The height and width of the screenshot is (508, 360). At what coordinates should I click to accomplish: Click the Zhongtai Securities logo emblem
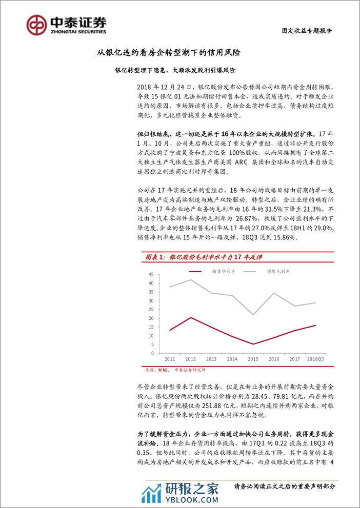tap(37, 24)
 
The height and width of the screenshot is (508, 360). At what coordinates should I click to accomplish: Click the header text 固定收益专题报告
tap(308, 31)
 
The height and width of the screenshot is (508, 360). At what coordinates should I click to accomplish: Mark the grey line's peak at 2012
tap(191, 280)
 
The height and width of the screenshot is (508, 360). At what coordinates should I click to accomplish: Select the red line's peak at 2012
tap(191, 317)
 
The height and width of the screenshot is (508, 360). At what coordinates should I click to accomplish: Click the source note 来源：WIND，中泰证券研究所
tap(173, 369)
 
